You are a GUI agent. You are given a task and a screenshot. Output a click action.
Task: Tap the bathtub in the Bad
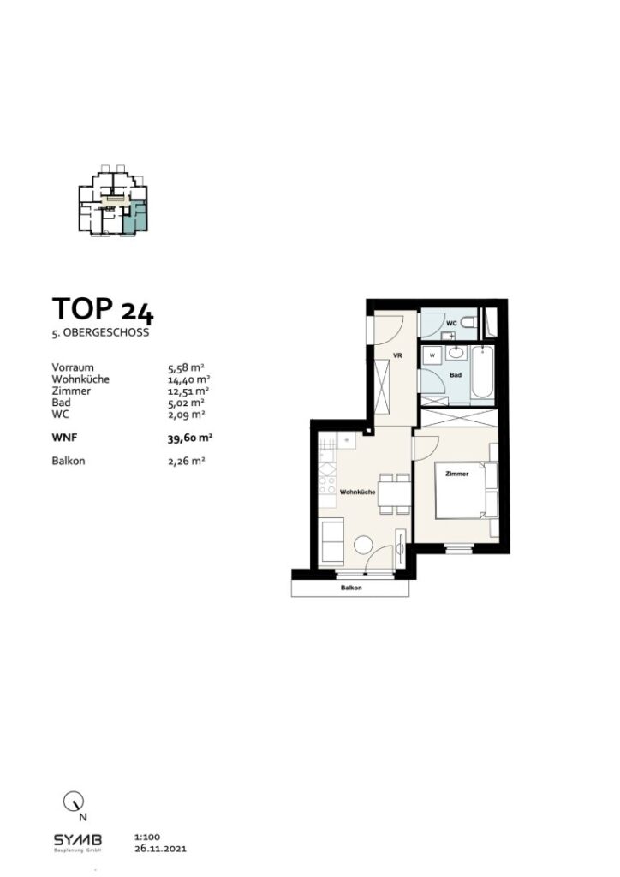coord(482,373)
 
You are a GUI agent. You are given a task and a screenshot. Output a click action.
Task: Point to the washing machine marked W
coord(432,355)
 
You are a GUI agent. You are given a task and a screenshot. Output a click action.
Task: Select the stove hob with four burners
coord(325,486)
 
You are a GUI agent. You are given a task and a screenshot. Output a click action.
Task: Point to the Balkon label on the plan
coord(350,588)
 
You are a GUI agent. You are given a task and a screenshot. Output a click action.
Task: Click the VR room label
coord(396,354)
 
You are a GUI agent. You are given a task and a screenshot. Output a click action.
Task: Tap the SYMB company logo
coord(78,839)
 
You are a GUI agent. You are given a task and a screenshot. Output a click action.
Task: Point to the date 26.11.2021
coord(160,850)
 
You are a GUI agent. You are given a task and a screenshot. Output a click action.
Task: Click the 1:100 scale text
coord(147,837)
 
